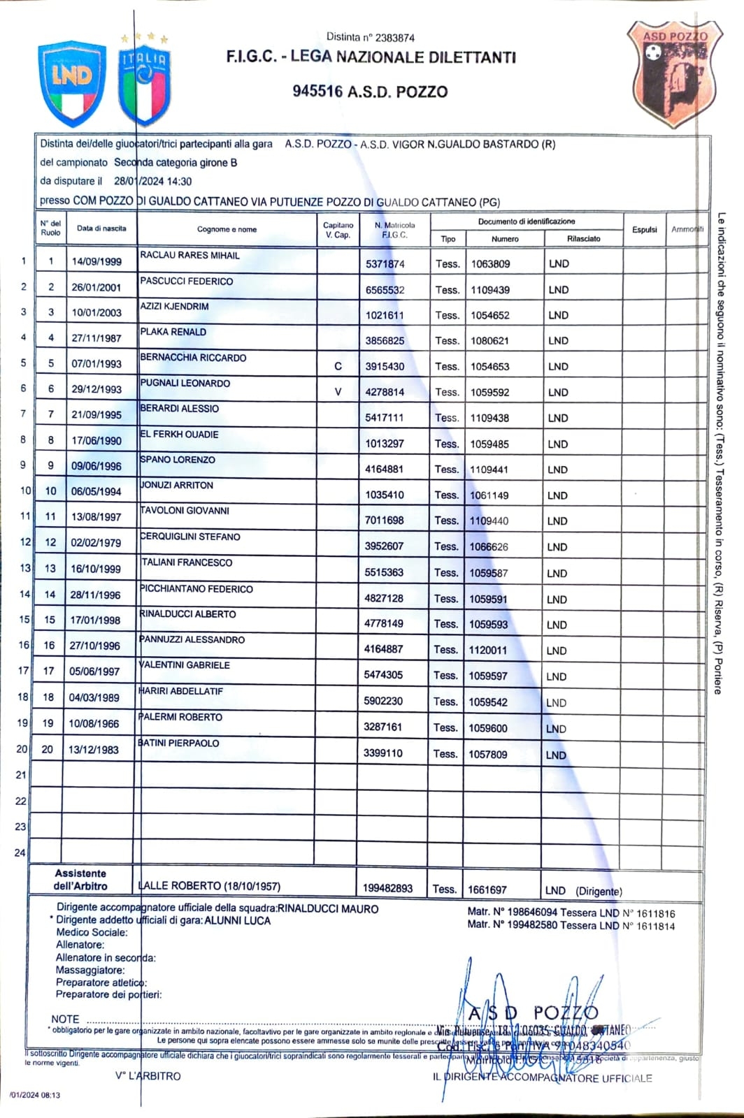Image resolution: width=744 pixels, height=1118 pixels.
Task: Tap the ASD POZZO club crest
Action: [673, 74]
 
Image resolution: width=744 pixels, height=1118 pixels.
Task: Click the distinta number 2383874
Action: [395, 38]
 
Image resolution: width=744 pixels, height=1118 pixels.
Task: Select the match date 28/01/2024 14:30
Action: [152, 182]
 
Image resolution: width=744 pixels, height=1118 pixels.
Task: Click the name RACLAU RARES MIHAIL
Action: [189, 256]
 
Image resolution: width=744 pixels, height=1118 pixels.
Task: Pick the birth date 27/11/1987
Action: [96, 338]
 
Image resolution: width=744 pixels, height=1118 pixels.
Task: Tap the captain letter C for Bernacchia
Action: [338, 366]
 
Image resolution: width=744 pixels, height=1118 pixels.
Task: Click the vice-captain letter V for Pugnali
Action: [338, 392]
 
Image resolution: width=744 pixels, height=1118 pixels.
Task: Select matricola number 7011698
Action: [384, 521]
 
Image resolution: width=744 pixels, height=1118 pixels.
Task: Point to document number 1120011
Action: [488, 650]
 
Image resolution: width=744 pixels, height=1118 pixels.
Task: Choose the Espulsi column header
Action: [644, 229]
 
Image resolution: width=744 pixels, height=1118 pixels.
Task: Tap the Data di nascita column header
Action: [101, 228]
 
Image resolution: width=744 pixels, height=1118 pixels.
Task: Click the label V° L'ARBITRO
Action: [148, 1076]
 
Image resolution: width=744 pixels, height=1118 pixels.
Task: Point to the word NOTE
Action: [65, 1019]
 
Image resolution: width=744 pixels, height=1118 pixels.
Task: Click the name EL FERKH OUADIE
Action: [180, 435]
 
